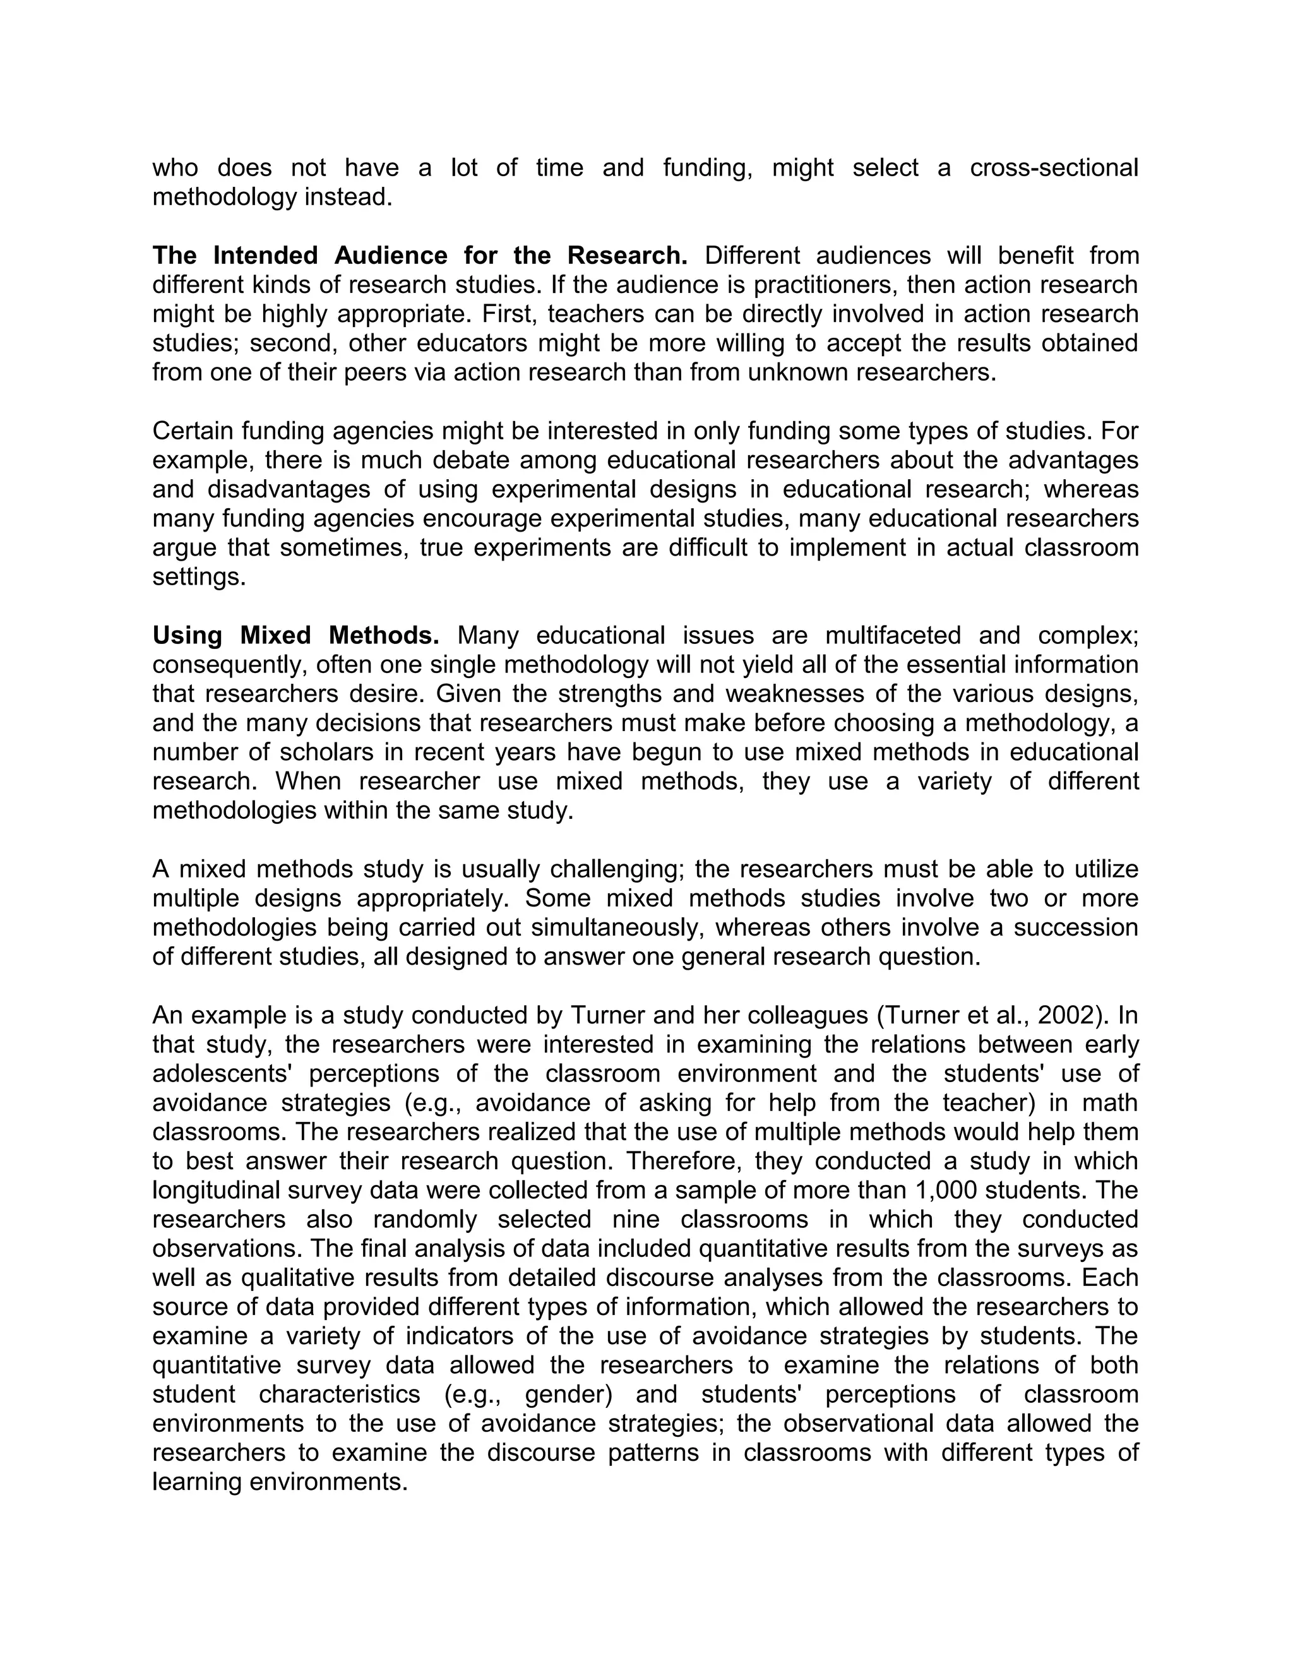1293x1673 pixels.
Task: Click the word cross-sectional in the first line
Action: tap(1054, 168)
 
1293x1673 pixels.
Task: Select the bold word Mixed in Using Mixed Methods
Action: tap(276, 636)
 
